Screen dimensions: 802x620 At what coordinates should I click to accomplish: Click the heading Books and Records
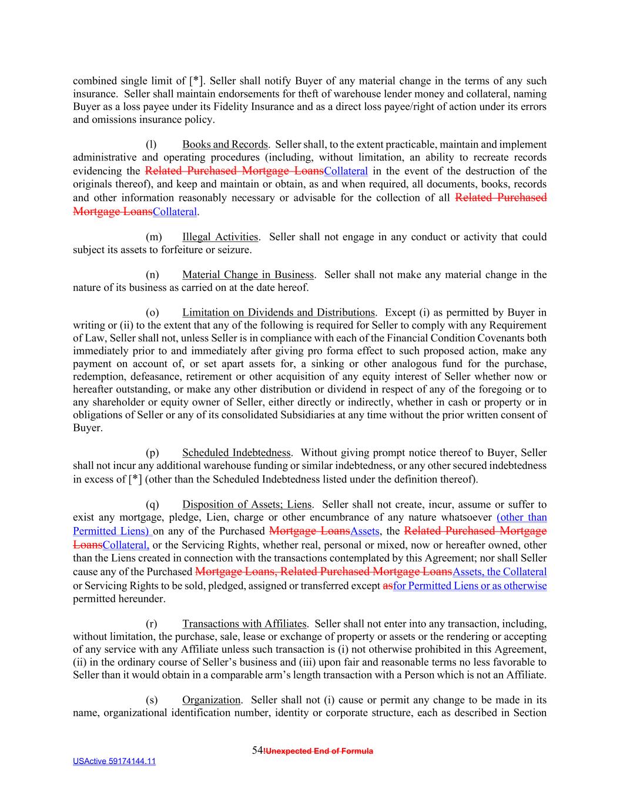[x=224, y=145]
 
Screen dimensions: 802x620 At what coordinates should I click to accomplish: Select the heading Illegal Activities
[x=220, y=237]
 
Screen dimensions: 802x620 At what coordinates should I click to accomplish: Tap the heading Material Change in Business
[x=247, y=274]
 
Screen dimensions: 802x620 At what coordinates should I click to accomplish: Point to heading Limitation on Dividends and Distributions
[x=278, y=313]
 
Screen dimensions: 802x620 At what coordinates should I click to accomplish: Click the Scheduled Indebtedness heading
[x=236, y=452]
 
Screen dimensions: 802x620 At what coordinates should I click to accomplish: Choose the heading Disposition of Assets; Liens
[x=247, y=504]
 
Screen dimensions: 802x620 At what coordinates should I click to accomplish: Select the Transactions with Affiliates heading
[x=244, y=623]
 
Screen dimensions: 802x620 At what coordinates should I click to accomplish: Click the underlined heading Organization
[x=211, y=700]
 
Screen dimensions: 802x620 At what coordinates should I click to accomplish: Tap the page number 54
[x=257, y=750]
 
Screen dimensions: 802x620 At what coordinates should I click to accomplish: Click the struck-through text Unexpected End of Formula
[x=319, y=751]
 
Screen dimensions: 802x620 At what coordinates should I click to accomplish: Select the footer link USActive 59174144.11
[x=114, y=761]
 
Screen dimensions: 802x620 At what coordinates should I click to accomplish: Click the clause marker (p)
[x=152, y=452]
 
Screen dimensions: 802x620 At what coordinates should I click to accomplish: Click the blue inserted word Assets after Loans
[x=364, y=531]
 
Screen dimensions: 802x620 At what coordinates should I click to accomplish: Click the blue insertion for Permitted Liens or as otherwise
[x=470, y=586]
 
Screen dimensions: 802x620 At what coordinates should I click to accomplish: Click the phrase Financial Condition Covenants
[x=462, y=338]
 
